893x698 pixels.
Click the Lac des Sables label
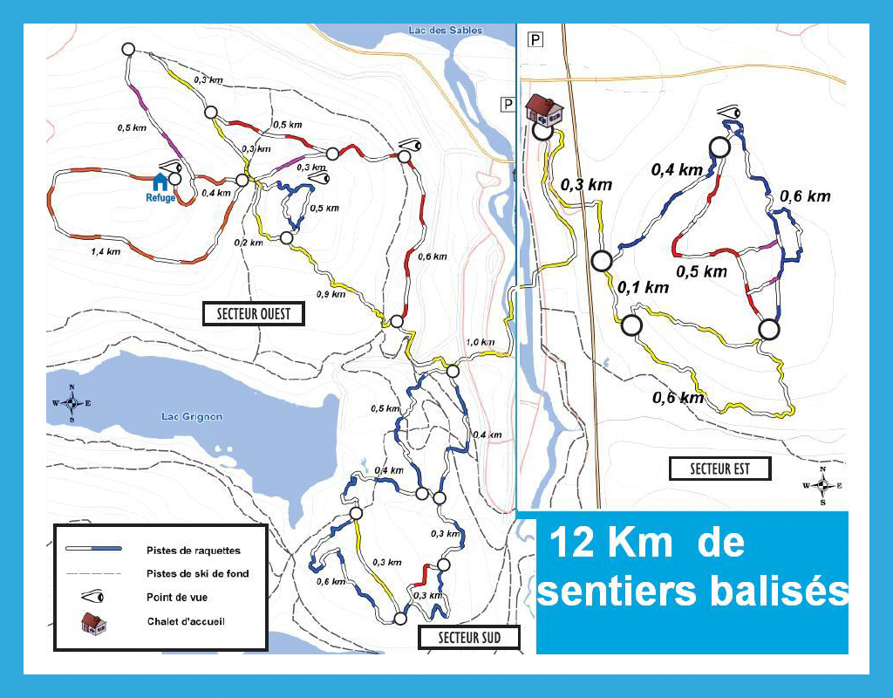click(x=446, y=31)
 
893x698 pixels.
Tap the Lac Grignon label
click(x=192, y=416)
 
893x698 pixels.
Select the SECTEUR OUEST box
click(x=253, y=314)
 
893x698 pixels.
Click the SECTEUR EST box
click(x=720, y=469)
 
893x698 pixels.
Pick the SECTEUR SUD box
click(x=469, y=638)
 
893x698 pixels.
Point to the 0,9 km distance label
click(x=331, y=294)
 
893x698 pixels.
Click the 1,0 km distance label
click(x=481, y=342)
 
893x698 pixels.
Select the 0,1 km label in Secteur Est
click(x=643, y=287)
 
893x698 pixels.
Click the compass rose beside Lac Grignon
click(x=72, y=403)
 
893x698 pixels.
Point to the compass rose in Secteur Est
click(x=822, y=486)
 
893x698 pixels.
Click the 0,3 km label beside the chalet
click(x=586, y=185)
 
